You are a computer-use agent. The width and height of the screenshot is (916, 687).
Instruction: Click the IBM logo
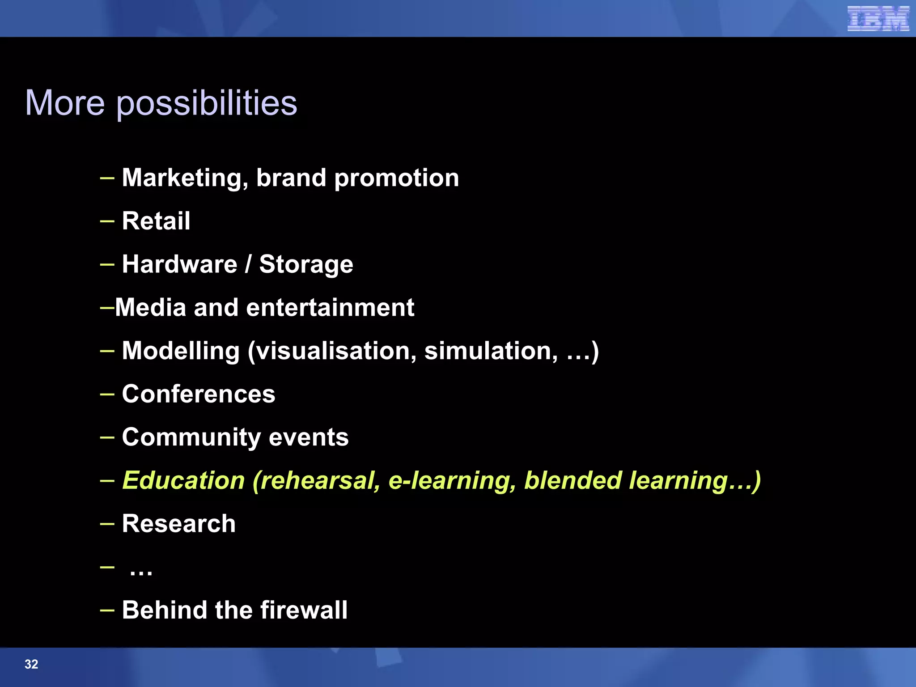tap(878, 19)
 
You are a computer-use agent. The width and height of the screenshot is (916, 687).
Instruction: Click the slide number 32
tap(31, 664)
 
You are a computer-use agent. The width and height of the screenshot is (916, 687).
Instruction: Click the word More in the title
tap(65, 103)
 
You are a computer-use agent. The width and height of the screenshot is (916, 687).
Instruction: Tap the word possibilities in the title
tap(207, 104)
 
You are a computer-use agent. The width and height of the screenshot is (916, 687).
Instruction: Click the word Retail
tap(156, 221)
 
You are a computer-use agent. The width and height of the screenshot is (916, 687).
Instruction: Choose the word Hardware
tap(179, 264)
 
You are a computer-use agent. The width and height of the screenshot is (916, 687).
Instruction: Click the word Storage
tap(306, 265)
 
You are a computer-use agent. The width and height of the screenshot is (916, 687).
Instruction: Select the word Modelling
tap(181, 351)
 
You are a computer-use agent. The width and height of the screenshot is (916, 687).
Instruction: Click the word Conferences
tap(198, 394)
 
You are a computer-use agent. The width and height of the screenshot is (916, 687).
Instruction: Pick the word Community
tap(191, 437)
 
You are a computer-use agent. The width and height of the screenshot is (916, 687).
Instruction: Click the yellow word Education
tap(183, 480)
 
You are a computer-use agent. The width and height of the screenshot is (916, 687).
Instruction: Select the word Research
tap(178, 524)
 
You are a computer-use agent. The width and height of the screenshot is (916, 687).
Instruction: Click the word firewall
tap(304, 610)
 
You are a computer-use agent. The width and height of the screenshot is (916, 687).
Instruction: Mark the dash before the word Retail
tap(107, 221)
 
